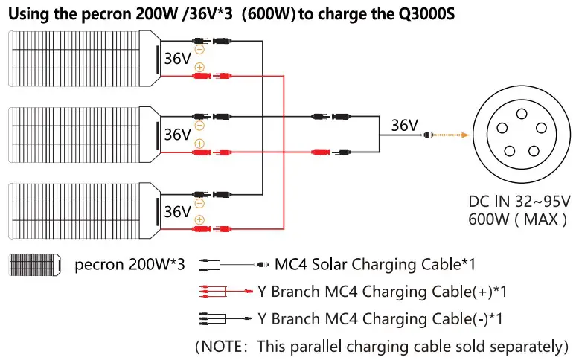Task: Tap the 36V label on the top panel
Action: pyautogui.click(x=178, y=60)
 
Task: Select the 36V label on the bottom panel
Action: pyautogui.click(x=178, y=211)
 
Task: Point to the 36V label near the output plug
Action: pyautogui.click(x=404, y=126)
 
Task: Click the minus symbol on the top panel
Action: pyautogui.click(x=199, y=50)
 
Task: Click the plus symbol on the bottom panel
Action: pyautogui.click(x=199, y=219)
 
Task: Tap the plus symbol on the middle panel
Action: pyautogui.click(x=199, y=144)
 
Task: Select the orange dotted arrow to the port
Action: pyautogui.click(x=451, y=135)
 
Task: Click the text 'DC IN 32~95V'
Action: pyautogui.click(x=519, y=202)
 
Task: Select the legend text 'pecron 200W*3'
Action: pyautogui.click(x=129, y=264)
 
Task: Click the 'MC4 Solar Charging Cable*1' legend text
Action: pyautogui.click(x=375, y=264)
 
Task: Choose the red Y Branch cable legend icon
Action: pyautogui.click(x=223, y=292)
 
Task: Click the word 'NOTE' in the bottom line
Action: pyautogui.click(x=228, y=346)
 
